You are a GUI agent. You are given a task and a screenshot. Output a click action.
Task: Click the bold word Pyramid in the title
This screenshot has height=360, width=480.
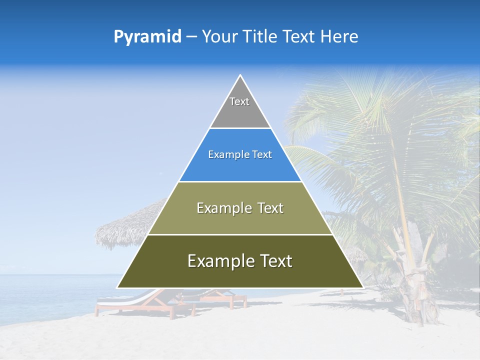147,37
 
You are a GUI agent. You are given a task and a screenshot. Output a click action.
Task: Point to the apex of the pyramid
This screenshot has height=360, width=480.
240,76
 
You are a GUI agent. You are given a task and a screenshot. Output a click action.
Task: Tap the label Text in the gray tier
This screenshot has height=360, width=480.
239,101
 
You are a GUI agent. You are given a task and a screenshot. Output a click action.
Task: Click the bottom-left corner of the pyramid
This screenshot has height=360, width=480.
118,287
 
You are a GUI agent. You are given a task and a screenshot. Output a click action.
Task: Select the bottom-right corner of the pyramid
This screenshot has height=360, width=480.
362,287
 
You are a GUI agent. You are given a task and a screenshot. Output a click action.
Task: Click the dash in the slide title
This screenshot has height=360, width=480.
191,37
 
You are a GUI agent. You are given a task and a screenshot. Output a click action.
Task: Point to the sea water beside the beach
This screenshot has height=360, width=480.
45,295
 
